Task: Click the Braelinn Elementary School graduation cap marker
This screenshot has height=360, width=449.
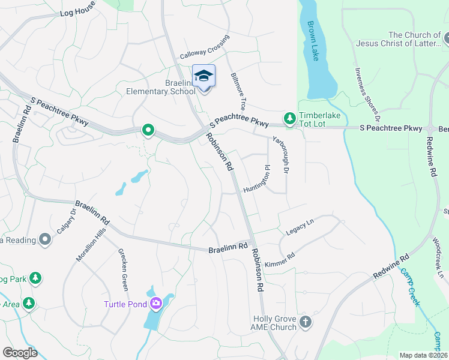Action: coord(203,76)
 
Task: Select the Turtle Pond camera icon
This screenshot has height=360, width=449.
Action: coord(156,304)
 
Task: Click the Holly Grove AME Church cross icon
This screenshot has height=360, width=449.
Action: coord(305,322)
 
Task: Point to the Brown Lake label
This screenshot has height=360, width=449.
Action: coord(313,41)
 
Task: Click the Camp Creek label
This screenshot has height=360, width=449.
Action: coord(411,287)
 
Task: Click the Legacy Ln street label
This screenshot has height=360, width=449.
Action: coord(300,227)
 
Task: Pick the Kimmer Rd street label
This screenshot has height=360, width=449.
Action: coord(280,259)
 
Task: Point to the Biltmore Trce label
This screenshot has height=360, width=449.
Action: coord(238,91)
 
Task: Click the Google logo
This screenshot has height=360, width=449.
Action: coord(20,353)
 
